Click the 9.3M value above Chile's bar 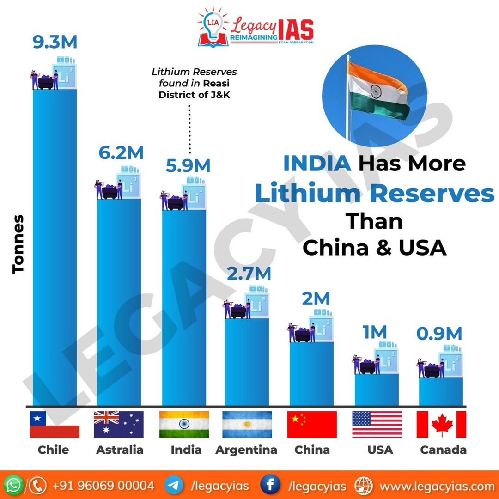coord(55,42)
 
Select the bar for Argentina coord(247,360)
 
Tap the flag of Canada coord(441,424)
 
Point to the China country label coord(312,450)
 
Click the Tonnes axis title coord(18,244)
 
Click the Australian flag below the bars coord(118,424)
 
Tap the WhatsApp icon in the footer coord(15,486)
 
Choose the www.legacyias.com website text coord(437,486)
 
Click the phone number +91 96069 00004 coord(103,486)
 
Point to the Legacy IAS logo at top coord(255,27)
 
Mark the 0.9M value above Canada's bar coord(438,334)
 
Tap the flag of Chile coord(55,424)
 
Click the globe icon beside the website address coord(364,486)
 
